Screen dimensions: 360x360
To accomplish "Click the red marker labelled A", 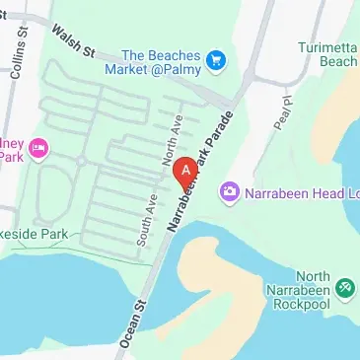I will [x=182, y=171].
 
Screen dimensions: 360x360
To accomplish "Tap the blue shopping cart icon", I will [x=216, y=62].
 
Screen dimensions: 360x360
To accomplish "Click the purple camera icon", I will [x=230, y=189].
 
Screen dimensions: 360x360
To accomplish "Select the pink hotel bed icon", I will [x=39, y=149].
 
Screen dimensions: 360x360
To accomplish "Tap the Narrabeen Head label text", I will [x=296, y=189].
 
